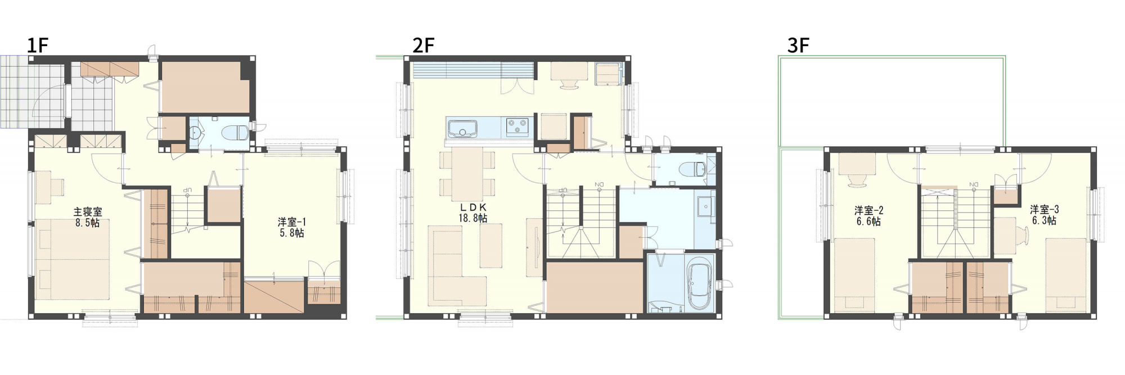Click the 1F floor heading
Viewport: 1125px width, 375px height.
[38, 45]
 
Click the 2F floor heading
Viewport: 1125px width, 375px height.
[424, 45]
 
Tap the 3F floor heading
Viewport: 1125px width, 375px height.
[798, 45]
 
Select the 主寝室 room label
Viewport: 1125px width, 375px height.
[88, 212]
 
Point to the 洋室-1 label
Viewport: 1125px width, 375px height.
[292, 222]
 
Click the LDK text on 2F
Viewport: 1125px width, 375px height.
[473, 207]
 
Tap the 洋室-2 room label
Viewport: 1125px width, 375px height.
[869, 210]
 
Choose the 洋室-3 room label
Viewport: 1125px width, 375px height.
[1045, 209]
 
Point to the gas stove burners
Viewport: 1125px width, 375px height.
[517, 126]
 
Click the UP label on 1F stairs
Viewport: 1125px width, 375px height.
[188, 190]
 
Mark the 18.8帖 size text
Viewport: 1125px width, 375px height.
[473, 218]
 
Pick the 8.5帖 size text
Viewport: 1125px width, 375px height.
[88, 223]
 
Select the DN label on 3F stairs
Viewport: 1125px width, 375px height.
[974, 184]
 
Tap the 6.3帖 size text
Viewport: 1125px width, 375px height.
[1045, 220]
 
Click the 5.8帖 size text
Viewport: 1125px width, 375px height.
[292, 233]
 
